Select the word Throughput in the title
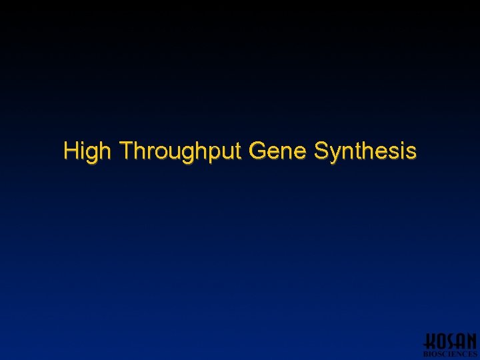181,151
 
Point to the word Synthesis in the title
365,151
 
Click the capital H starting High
71,151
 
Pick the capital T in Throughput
127,151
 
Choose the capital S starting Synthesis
321,151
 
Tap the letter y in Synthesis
335,154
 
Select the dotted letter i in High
83,151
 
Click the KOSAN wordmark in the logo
451,341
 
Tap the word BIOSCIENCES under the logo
451,354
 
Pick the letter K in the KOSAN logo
430,341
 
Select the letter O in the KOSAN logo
440,341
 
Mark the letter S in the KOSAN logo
450,341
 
